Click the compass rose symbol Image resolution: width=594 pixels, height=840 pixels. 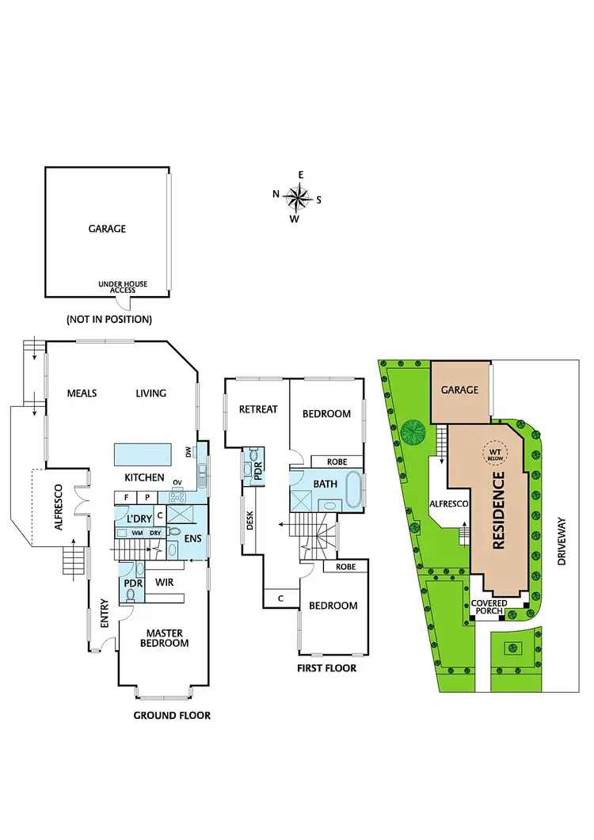[x=296, y=196]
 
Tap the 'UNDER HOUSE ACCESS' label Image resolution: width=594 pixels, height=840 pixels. [x=123, y=287]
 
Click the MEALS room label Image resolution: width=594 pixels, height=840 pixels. [x=82, y=393]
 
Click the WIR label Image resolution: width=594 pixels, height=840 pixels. [x=165, y=582]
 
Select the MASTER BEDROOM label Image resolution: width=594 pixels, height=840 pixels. [x=164, y=638]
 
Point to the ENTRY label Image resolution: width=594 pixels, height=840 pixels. [x=105, y=618]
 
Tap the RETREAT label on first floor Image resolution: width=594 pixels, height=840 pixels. [x=258, y=409]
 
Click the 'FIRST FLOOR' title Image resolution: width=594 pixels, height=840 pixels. [x=327, y=668]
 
